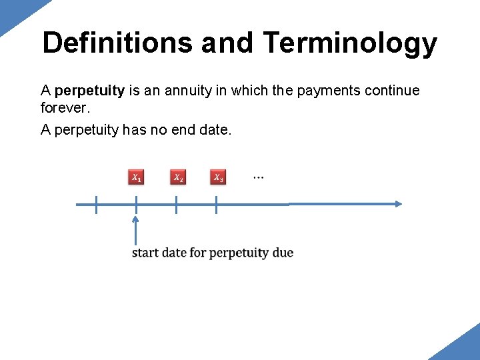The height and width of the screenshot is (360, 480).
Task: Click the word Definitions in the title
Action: point(117,43)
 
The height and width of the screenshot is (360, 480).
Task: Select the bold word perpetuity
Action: point(89,90)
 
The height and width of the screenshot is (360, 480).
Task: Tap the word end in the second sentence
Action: point(178,129)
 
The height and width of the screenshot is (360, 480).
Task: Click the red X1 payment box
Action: point(136,177)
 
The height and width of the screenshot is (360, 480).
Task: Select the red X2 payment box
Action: point(177,177)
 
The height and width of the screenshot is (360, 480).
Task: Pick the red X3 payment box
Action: point(218,177)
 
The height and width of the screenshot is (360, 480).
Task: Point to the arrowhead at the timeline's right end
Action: point(398,204)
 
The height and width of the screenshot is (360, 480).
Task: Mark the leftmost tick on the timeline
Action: point(96,205)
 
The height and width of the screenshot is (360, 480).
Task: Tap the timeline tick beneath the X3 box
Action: point(217,205)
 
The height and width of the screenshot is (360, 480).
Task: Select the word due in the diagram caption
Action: point(283,253)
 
